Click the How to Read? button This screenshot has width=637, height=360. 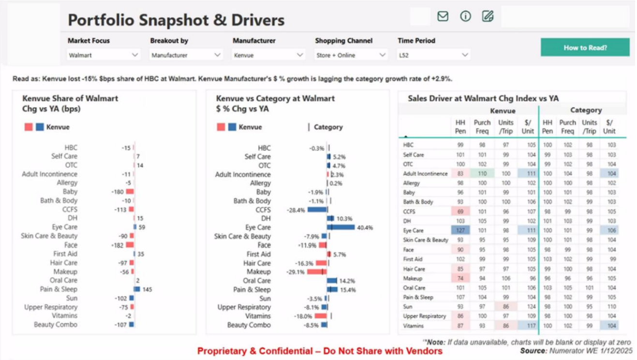(x=585, y=47)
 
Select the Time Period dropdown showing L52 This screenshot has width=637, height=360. (x=433, y=55)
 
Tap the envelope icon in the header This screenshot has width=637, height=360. (x=443, y=16)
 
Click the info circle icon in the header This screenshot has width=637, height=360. (x=465, y=16)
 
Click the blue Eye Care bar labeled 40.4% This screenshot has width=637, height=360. (x=341, y=227)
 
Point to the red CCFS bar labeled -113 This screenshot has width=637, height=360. (x=131, y=210)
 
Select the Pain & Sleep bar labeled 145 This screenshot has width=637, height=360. (x=137, y=289)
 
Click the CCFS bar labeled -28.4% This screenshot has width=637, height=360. (x=317, y=210)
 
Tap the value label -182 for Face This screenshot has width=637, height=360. (x=118, y=245)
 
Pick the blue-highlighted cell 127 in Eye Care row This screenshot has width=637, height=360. (x=460, y=231)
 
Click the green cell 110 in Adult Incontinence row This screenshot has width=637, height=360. (x=482, y=174)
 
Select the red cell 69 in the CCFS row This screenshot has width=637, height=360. (x=460, y=211)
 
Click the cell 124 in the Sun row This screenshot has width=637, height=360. (x=528, y=307)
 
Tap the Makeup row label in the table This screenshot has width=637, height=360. (x=413, y=278)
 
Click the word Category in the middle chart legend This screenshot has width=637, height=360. (x=328, y=127)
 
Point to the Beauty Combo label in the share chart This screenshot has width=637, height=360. (x=55, y=325)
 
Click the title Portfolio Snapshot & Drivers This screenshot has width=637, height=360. (x=176, y=20)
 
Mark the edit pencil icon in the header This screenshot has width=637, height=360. (x=488, y=16)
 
